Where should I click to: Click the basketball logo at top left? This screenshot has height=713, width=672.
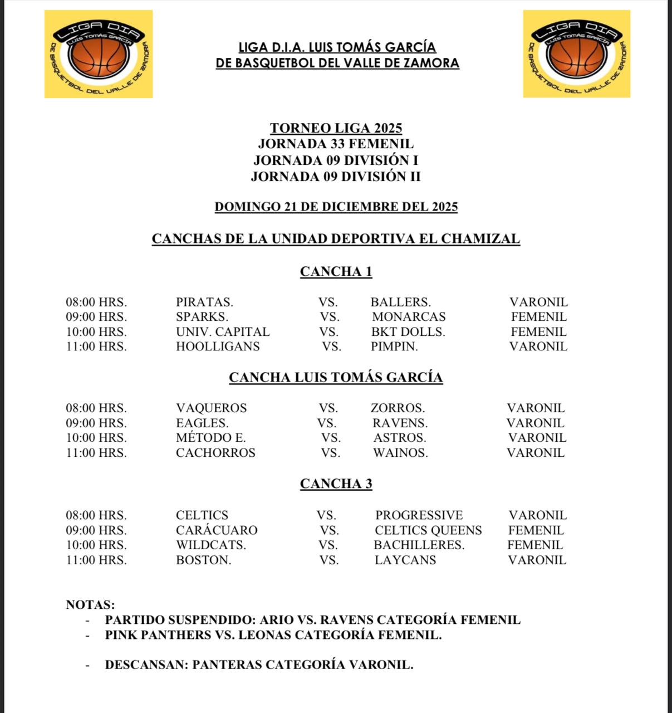[x=99, y=54]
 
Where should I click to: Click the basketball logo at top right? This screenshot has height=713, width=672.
[x=576, y=54]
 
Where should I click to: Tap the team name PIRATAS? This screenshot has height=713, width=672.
[x=204, y=302]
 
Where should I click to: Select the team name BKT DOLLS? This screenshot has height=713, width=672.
[x=408, y=332]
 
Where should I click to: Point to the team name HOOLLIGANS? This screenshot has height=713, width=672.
[x=218, y=346]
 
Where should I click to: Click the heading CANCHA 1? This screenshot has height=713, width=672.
[x=336, y=272]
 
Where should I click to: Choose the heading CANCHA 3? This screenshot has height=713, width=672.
[x=336, y=484]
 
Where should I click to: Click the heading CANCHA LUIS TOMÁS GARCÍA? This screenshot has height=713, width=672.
[x=336, y=378]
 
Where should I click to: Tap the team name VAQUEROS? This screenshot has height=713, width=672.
[x=211, y=408]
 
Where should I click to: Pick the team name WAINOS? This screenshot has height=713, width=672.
[x=400, y=453]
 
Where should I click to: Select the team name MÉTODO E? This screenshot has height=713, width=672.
[x=210, y=438]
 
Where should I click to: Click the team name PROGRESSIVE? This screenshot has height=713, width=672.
[x=419, y=515]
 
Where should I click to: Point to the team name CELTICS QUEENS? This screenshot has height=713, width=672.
[x=428, y=530]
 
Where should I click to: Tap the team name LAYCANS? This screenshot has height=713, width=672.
[x=405, y=560]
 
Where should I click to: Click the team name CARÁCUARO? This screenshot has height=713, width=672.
[x=217, y=530]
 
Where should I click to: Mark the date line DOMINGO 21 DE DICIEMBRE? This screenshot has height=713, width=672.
[x=336, y=207]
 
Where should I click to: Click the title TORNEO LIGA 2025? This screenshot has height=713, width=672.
[x=336, y=128]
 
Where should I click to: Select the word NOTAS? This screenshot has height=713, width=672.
[x=90, y=605]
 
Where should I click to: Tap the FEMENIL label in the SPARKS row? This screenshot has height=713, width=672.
[x=538, y=317]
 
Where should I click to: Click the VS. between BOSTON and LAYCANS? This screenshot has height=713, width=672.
[x=329, y=560]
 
